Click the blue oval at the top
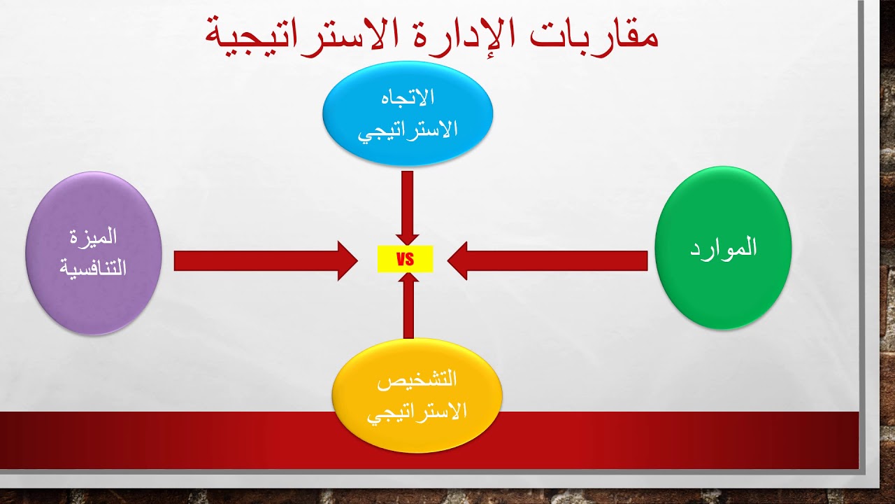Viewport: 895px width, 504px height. (408, 114)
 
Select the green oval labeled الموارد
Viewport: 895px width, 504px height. (723, 248)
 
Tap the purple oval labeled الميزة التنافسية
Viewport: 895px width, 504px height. (94, 253)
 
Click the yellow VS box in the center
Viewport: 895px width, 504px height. (405, 260)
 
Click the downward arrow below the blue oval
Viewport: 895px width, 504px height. (407, 207)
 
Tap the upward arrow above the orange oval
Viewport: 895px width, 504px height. (408, 304)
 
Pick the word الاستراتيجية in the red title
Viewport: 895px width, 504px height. (294, 36)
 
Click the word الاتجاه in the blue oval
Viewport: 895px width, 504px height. (408, 97)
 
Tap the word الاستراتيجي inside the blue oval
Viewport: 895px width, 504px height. (408, 130)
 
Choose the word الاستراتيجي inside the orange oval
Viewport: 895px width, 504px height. (417, 412)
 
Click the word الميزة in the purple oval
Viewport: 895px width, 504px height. (94, 237)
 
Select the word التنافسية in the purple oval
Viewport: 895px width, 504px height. (94, 269)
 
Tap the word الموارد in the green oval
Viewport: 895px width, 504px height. (723, 248)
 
